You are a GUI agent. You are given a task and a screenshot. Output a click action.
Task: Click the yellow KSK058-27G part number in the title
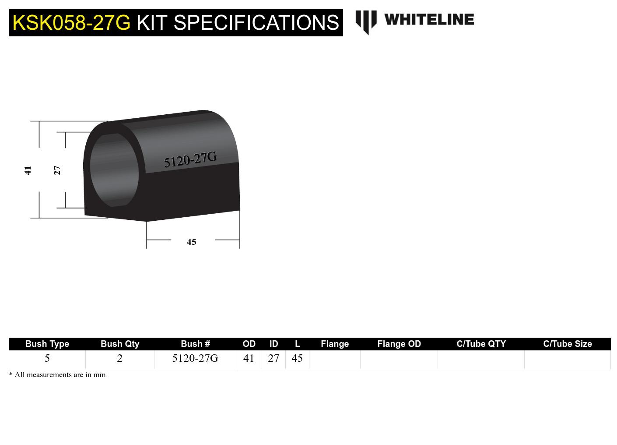[71, 23]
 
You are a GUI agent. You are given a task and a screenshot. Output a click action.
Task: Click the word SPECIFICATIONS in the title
[256, 23]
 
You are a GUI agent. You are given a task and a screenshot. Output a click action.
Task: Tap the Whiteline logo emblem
[366, 21]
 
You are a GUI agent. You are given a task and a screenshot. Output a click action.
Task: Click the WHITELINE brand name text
[429, 20]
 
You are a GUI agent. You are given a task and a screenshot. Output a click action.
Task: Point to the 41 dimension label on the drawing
[28, 170]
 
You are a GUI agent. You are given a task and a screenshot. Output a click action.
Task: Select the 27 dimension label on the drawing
[57, 170]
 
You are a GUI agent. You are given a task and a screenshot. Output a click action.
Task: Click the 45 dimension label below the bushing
[191, 242]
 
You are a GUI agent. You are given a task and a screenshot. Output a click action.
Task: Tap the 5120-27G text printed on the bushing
[190, 159]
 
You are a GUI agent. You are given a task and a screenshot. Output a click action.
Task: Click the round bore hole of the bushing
[114, 170]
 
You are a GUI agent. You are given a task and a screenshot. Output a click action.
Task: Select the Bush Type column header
[47, 344]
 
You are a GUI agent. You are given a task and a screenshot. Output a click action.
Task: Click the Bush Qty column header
[120, 344]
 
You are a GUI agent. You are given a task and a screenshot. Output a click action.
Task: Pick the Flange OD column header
[399, 344]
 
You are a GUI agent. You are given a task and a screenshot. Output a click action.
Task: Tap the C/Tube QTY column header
[481, 344]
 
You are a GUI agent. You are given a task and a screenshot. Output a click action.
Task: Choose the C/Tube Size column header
[568, 344]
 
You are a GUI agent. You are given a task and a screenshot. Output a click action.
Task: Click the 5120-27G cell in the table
[195, 358]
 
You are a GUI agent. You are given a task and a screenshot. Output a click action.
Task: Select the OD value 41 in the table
[249, 358]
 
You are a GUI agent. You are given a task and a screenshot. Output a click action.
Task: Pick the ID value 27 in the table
[273, 358]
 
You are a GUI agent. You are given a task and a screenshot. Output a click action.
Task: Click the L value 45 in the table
[297, 358]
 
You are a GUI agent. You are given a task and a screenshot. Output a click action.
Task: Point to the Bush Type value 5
[47, 358]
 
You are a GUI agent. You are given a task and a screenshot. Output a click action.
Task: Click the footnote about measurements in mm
[57, 375]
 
